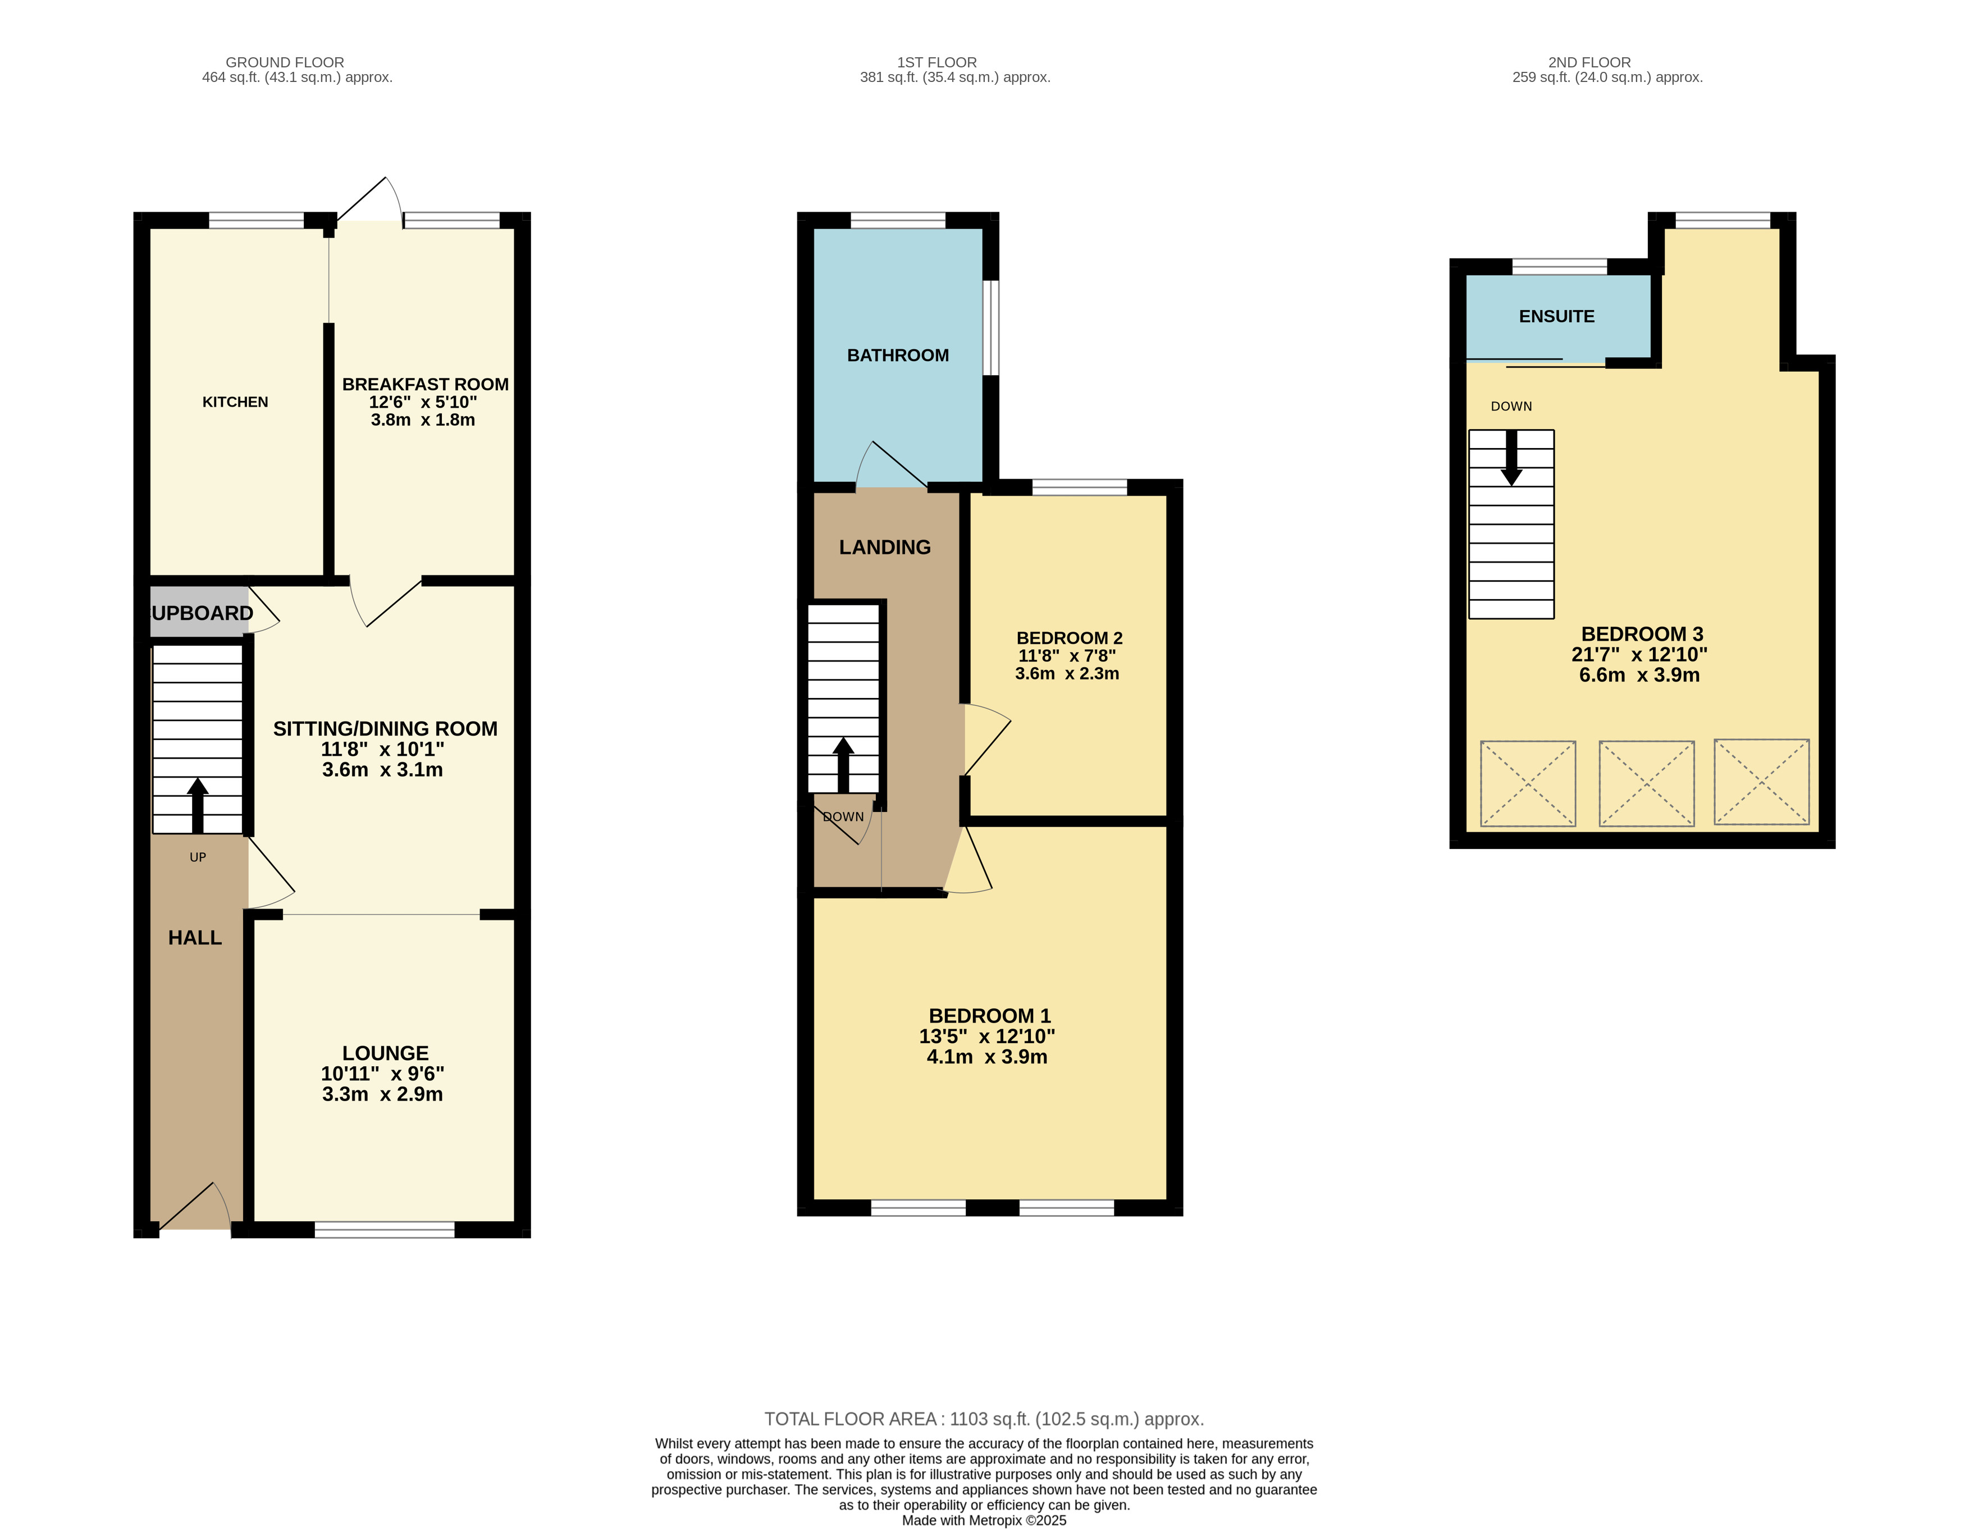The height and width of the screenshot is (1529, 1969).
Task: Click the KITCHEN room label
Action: click(235, 402)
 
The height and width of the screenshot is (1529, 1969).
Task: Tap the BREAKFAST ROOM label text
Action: click(426, 384)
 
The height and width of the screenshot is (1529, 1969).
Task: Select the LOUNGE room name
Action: click(385, 1053)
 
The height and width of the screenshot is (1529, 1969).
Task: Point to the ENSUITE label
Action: click(1557, 317)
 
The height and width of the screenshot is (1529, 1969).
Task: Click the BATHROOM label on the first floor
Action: click(898, 355)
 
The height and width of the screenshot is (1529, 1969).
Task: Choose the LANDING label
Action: click(885, 547)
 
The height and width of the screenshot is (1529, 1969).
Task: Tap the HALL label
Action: click(195, 938)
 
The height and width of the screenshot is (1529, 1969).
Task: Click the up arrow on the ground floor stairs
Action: click(198, 806)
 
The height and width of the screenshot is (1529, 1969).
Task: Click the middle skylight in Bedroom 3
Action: click(1646, 783)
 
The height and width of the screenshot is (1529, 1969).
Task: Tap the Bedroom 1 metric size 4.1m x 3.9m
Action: click(987, 1057)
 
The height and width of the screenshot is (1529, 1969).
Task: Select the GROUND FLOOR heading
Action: click(285, 62)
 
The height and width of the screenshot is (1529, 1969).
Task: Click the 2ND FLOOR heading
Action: click(1589, 62)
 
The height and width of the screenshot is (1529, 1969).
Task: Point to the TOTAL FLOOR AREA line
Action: click(985, 1419)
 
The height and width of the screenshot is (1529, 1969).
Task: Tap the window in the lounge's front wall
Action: click(385, 1230)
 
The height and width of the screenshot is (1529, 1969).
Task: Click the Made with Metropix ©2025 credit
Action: click(985, 1520)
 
